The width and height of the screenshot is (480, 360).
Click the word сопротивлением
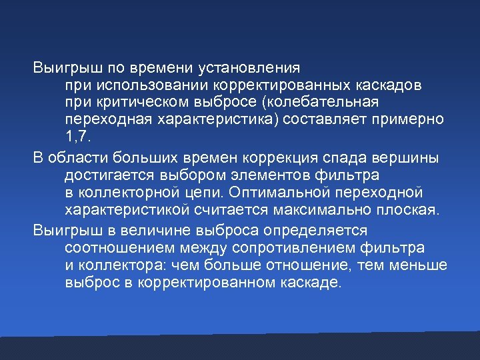tap(283, 249)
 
